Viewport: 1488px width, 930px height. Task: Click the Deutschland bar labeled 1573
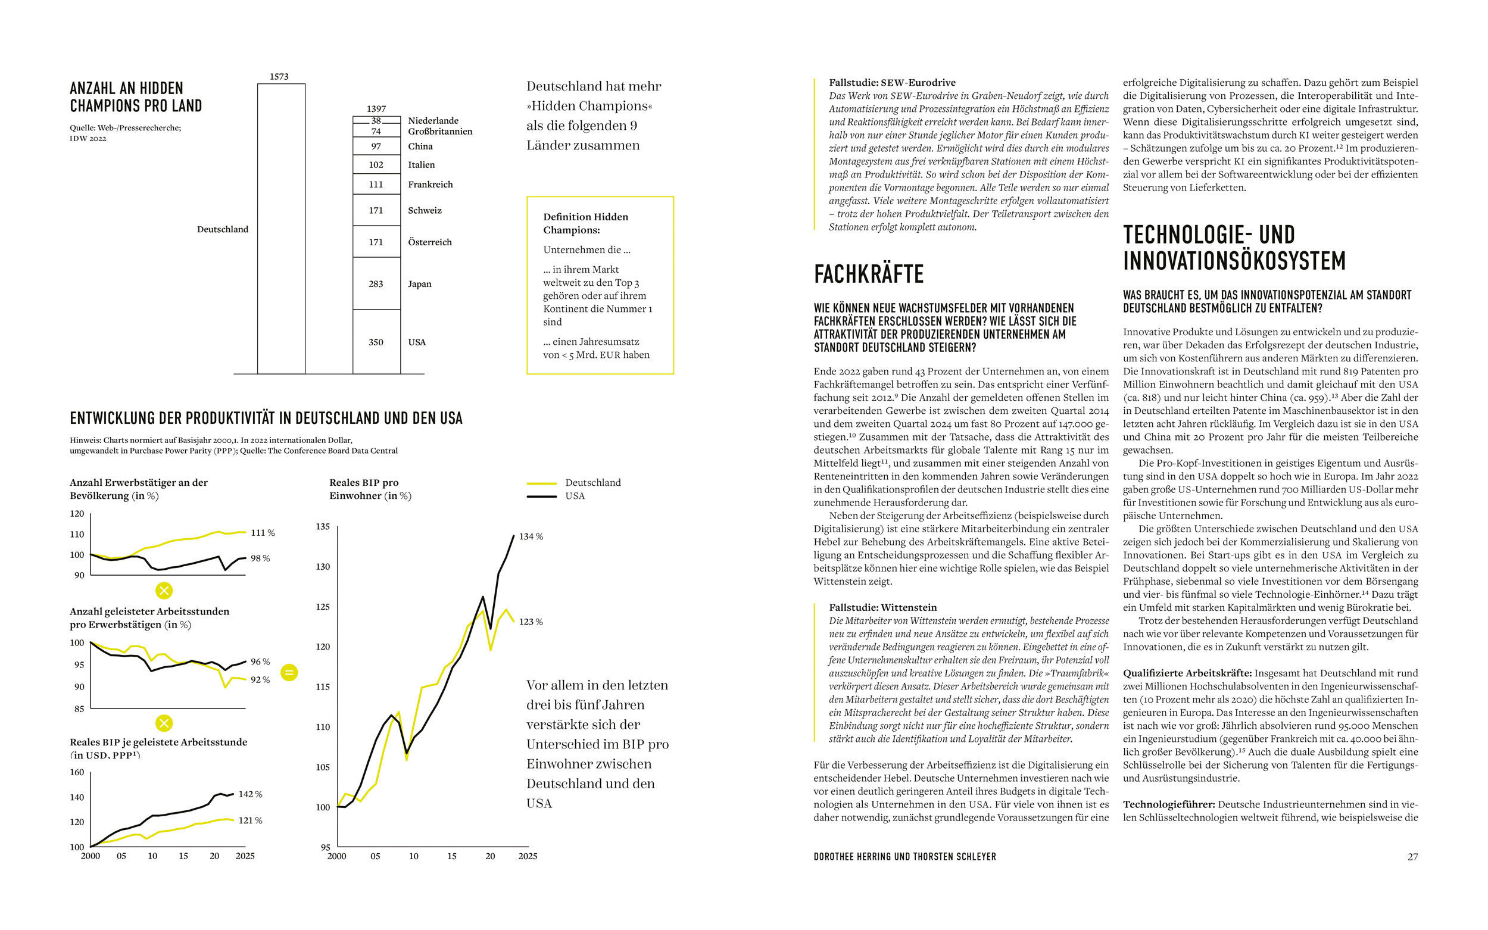281,228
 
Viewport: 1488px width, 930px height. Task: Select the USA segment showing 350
376,342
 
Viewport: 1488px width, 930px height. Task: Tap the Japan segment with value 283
376,283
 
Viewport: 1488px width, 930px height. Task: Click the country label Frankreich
430,185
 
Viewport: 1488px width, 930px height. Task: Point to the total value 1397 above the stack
376,109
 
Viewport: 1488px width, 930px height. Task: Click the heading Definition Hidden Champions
585,223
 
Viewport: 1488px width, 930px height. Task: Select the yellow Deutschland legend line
542,483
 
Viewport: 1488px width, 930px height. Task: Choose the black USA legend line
542,497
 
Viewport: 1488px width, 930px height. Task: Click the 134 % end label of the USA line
531,537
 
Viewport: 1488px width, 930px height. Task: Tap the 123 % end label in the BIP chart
531,622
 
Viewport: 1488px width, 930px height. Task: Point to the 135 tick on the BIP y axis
323,527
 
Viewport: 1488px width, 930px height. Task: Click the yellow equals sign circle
289,673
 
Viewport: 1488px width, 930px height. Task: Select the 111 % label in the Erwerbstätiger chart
263,533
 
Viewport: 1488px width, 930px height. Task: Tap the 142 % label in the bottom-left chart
250,795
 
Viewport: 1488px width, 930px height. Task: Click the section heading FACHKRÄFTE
869,274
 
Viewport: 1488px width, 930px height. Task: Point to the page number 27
1413,857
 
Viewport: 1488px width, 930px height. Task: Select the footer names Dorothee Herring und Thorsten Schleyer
905,857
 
